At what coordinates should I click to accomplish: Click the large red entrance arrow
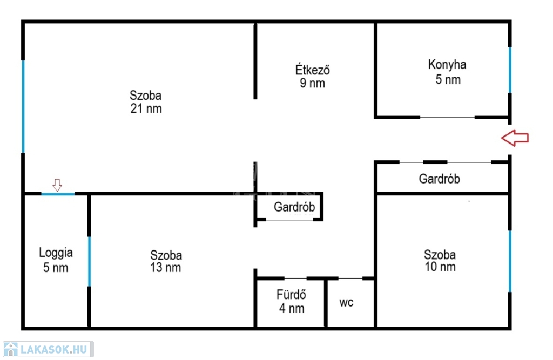click(x=515, y=138)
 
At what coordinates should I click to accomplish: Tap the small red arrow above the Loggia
click(x=57, y=185)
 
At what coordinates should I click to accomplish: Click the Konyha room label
click(x=447, y=65)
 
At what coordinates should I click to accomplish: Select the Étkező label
click(x=313, y=70)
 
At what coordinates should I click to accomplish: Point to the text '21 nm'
click(x=146, y=108)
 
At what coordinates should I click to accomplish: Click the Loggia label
click(x=56, y=253)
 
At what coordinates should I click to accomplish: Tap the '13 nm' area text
click(x=165, y=268)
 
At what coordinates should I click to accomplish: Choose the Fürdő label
click(x=291, y=294)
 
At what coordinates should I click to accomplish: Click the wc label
click(x=346, y=303)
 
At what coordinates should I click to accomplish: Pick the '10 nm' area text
click(x=440, y=267)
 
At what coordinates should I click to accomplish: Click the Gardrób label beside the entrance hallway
click(x=440, y=179)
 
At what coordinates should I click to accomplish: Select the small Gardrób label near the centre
click(x=294, y=207)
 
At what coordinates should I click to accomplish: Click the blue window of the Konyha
click(x=510, y=70)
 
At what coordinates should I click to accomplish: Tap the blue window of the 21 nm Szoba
click(x=23, y=106)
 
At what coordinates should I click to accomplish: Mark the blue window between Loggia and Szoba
click(x=89, y=261)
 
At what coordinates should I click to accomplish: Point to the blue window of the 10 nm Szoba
click(x=510, y=261)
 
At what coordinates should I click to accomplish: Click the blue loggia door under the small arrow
click(x=58, y=194)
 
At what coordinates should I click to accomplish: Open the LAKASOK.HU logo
click(x=48, y=349)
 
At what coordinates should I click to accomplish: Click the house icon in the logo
click(x=11, y=349)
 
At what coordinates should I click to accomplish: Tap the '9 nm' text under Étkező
click(x=313, y=83)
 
